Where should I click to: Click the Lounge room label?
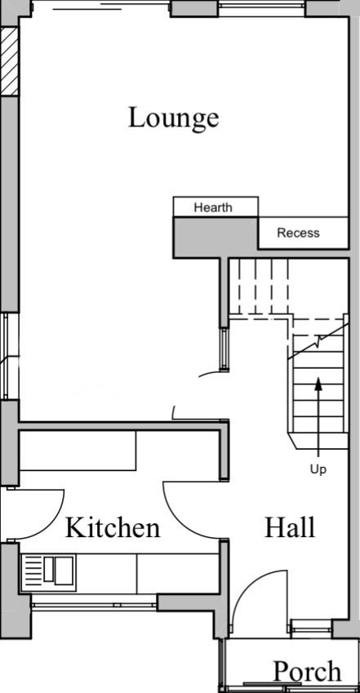173,118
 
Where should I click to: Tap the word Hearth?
213,207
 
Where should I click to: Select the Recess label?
298,233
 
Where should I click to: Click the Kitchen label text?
113,527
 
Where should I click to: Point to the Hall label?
290,527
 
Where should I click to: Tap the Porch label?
308,671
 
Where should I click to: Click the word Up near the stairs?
318,469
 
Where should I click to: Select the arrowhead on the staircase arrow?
318,384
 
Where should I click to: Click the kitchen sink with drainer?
48,573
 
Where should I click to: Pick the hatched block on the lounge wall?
9,61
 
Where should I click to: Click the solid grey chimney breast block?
216,237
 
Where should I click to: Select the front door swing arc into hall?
252,583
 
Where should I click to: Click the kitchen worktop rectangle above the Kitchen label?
78,451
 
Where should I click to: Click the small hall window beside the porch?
311,628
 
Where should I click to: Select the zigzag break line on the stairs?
318,342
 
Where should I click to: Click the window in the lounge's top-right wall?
262,8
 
